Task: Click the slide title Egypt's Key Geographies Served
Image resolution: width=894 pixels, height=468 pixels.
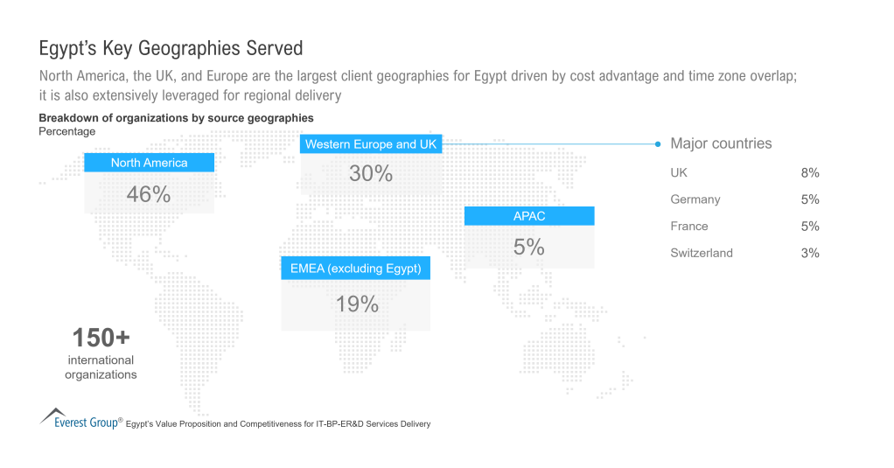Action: [171, 46]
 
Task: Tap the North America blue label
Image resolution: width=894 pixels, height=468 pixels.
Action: [149, 163]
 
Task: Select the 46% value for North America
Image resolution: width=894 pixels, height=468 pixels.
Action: [149, 194]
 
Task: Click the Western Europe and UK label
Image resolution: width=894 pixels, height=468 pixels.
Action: [371, 144]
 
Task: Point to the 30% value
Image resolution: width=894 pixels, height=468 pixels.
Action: [371, 173]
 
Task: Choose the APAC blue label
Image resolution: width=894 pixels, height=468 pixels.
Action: [529, 216]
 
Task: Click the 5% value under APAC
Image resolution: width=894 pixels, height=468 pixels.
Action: [529, 248]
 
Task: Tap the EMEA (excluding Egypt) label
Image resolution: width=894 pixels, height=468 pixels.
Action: [356, 269]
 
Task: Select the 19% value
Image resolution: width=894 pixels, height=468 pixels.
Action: [357, 304]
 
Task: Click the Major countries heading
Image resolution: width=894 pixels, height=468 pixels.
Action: [721, 143]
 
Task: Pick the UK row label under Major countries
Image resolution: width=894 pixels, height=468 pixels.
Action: [679, 173]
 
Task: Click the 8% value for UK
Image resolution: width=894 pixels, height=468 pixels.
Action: [809, 173]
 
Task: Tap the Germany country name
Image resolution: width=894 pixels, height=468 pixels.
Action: [695, 199]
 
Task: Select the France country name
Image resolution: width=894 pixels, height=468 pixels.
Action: [689, 226]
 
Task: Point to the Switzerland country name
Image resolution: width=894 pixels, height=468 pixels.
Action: [702, 253]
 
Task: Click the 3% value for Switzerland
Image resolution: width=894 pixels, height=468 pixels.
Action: [809, 253]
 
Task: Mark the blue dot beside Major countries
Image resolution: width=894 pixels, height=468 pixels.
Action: [658, 143]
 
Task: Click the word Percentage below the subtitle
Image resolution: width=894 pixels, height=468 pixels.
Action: [67, 131]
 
